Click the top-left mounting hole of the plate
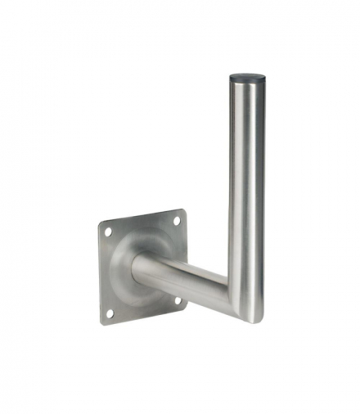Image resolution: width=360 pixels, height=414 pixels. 108,232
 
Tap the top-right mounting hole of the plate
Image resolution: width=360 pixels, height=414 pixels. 175,220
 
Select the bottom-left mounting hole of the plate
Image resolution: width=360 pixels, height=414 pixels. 110,313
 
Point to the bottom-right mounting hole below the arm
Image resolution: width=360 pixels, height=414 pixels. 175,300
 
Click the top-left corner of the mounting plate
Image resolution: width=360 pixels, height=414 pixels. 101,223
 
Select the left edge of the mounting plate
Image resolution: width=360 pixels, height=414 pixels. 101,274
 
